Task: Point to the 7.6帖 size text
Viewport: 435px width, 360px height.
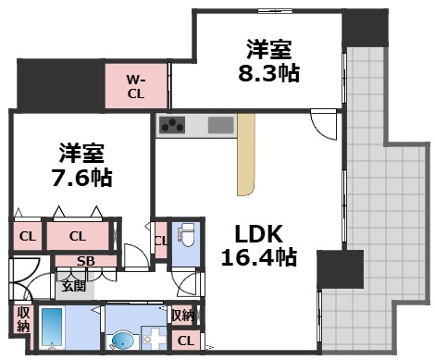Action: (81, 177)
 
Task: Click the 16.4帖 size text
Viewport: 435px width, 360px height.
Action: (260, 257)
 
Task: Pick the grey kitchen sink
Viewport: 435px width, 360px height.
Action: (222, 125)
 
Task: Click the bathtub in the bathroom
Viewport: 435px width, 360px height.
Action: (52, 327)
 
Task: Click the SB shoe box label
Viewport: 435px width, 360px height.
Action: (86, 261)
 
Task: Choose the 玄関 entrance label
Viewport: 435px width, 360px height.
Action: (73, 285)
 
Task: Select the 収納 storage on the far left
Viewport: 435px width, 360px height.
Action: (22, 319)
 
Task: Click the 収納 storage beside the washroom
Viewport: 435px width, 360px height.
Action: (182, 316)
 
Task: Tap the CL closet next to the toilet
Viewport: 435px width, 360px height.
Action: (161, 242)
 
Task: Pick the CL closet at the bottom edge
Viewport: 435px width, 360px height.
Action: (185, 341)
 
